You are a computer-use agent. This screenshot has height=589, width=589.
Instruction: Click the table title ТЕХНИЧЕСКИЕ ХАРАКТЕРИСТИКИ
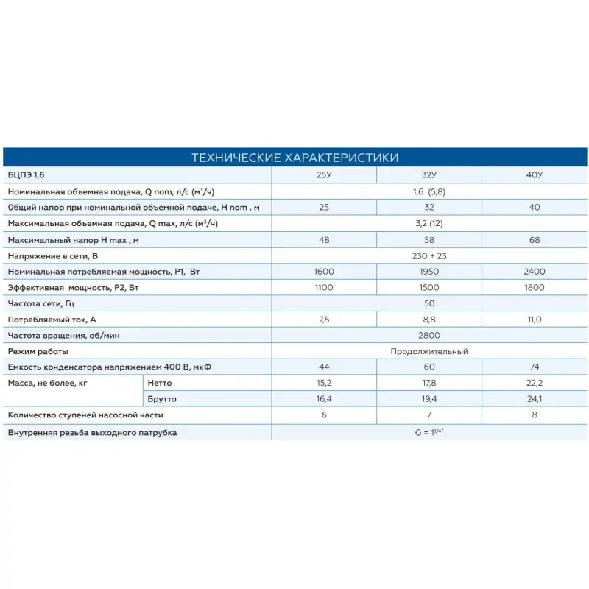pyautogui.click(x=294, y=158)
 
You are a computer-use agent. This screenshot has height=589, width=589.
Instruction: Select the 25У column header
pyautogui.click(x=324, y=175)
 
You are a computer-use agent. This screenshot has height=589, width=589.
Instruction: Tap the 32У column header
pyautogui.click(x=428, y=175)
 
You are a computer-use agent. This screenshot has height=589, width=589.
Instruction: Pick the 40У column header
pyautogui.click(x=534, y=175)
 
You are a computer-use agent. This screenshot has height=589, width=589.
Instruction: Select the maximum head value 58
pyautogui.click(x=428, y=240)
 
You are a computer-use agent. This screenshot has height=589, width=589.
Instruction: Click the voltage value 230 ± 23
pyautogui.click(x=429, y=255)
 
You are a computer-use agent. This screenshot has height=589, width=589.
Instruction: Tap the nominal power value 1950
pyautogui.click(x=428, y=272)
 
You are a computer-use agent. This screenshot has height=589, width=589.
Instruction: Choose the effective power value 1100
pyautogui.click(x=324, y=288)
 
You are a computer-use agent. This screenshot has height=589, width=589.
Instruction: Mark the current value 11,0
pyautogui.click(x=534, y=320)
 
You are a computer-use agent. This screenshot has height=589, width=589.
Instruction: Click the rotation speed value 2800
pyautogui.click(x=429, y=336)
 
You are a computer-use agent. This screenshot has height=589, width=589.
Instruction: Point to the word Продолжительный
pyautogui.click(x=429, y=351)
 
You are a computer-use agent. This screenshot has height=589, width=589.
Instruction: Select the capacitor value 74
pyautogui.click(x=534, y=367)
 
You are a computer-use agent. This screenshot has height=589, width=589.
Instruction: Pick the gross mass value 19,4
pyautogui.click(x=428, y=400)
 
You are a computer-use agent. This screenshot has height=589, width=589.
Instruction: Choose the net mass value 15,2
pyautogui.click(x=324, y=384)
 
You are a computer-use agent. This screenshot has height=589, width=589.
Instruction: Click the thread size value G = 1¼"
pyautogui.click(x=429, y=432)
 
